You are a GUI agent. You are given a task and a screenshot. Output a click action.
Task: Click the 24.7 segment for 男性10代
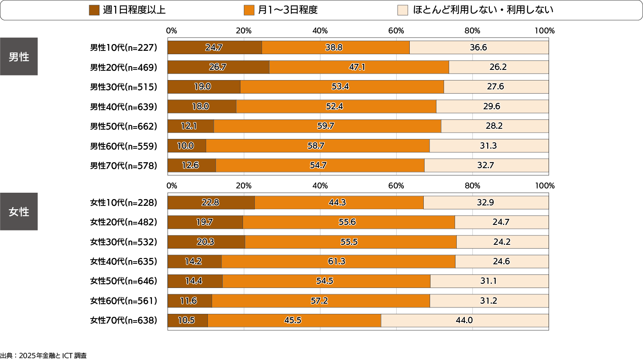(x=215, y=47)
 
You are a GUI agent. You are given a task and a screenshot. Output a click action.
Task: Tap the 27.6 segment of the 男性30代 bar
(x=496, y=87)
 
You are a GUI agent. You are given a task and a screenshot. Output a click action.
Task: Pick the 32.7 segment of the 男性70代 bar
(x=486, y=166)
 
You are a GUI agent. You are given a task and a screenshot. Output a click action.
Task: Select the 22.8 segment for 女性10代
(x=211, y=202)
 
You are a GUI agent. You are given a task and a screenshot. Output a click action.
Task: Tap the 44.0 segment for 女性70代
(x=464, y=321)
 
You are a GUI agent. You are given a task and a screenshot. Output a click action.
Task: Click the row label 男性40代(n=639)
(x=123, y=107)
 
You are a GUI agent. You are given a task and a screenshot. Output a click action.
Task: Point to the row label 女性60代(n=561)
(x=123, y=301)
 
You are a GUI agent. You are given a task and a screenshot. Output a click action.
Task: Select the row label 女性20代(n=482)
(x=123, y=222)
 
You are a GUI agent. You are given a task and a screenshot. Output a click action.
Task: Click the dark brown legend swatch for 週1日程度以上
(x=94, y=10)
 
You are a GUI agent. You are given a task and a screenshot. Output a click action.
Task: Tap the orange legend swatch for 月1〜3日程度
(x=249, y=10)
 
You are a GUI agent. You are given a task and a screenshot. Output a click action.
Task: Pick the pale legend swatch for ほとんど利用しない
(x=403, y=10)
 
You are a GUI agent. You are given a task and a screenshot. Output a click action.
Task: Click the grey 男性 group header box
(x=19, y=56)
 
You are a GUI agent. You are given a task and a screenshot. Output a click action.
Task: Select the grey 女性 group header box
(x=19, y=211)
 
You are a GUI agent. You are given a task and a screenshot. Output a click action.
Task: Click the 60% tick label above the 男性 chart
(x=396, y=30)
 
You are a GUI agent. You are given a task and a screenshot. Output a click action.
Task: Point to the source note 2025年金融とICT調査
(x=44, y=356)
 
